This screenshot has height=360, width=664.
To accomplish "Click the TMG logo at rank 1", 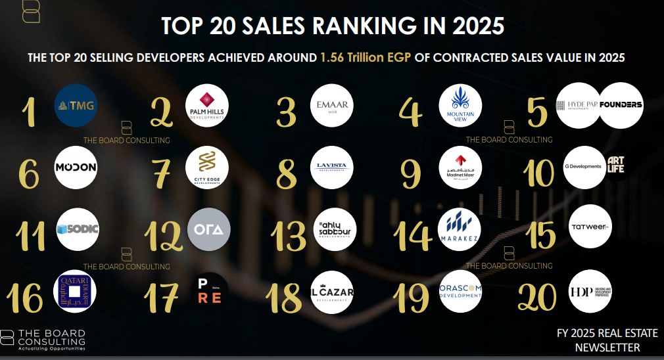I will [x=76, y=105].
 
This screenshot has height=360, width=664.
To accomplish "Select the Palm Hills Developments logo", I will [x=205, y=105].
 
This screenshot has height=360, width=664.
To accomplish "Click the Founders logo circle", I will [x=621, y=105].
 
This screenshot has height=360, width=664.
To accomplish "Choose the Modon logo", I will [x=76, y=168].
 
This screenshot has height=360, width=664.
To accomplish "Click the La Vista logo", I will [x=333, y=168].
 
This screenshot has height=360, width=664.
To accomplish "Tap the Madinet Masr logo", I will [x=460, y=168].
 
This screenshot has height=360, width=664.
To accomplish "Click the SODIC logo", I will [x=78, y=229].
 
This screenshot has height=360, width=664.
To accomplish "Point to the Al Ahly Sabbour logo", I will [x=333, y=229].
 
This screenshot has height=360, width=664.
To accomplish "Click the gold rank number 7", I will [x=161, y=173].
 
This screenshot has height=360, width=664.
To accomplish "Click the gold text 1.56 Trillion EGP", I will [x=365, y=58].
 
